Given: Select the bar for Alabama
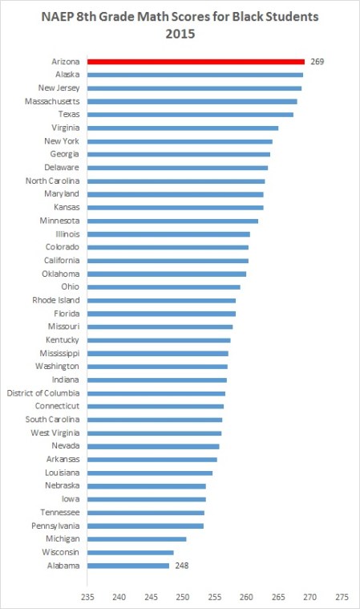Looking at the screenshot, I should (x=128, y=566).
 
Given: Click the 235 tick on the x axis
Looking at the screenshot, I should (x=87, y=596).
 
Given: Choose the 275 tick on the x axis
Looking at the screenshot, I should (x=342, y=596).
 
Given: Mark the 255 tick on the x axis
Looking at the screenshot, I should (x=215, y=596).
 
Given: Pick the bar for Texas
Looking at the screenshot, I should (x=190, y=114).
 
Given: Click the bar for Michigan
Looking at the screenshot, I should (x=136, y=539).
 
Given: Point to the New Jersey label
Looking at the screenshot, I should (x=59, y=87).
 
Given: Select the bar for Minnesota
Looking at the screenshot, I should (x=172, y=221).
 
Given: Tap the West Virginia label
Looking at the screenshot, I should (x=56, y=433).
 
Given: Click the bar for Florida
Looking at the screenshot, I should (x=161, y=314).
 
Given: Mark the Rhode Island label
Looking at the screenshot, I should (x=57, y=300).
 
